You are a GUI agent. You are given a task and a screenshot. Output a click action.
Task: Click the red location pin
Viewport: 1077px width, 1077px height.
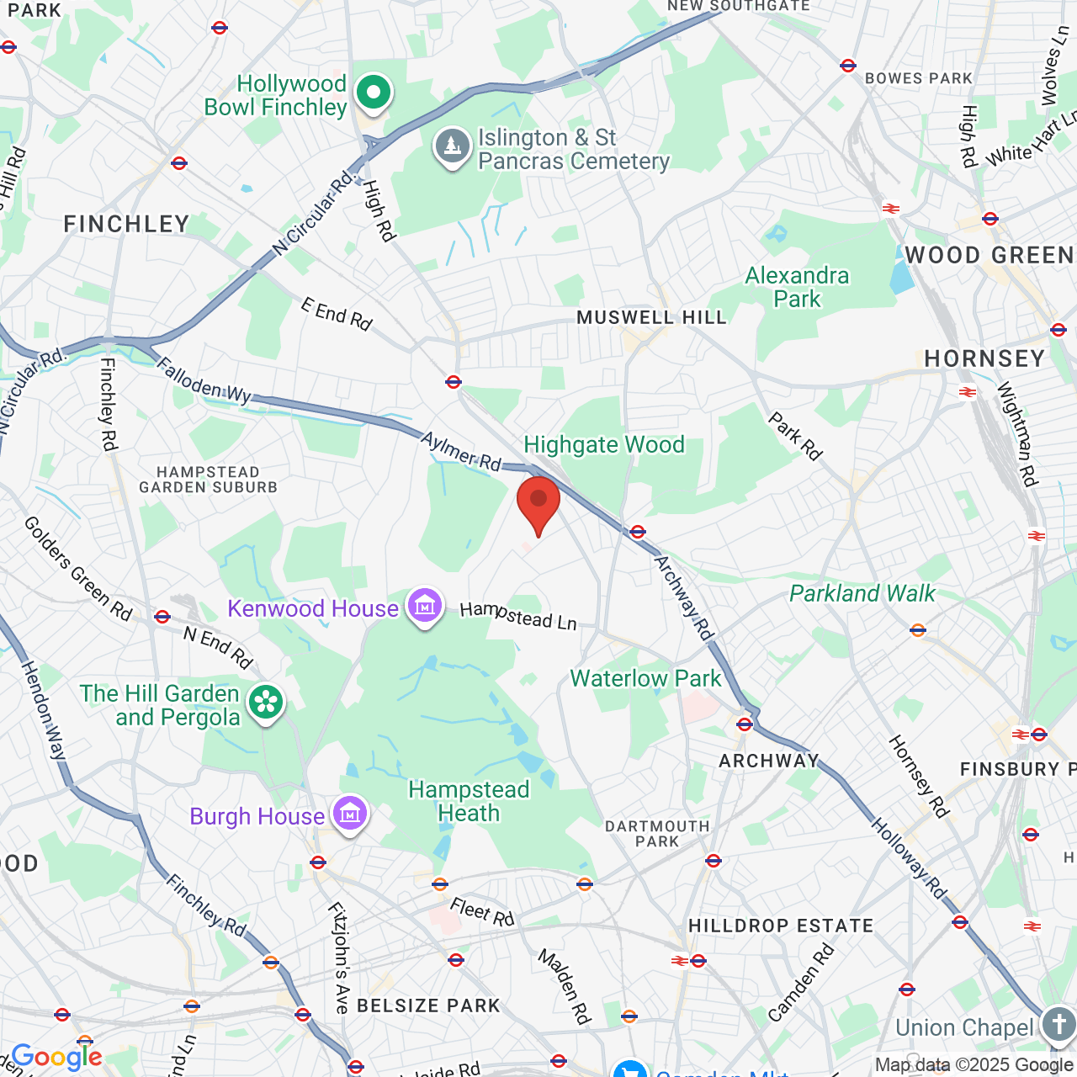click(538, 502)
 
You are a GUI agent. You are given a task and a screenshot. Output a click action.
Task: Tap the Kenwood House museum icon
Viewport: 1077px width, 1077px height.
click(425, 605)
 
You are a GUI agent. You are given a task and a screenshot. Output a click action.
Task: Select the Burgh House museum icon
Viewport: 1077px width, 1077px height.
click(350, 814)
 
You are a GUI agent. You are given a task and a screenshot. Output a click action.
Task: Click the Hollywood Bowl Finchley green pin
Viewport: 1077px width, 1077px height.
click(373, 92)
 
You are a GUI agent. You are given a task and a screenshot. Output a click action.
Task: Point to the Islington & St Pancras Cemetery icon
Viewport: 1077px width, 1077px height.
click(453, 146)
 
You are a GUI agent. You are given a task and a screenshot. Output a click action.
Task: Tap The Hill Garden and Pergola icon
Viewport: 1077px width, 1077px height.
click(266, 703)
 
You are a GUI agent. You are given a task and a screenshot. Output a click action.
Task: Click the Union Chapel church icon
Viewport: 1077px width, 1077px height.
click(1058, 1025)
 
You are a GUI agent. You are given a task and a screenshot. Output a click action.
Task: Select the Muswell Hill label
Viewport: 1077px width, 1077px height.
click(651, 317)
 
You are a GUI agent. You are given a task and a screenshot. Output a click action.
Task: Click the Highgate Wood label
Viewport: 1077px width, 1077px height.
click(604, 444)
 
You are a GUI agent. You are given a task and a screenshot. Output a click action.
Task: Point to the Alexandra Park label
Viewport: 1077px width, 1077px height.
click(797, 287)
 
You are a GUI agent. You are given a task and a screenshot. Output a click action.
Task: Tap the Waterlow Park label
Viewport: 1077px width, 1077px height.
click(645, 678)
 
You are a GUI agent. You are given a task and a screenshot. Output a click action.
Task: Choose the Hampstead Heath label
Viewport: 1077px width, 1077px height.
click(469, 801)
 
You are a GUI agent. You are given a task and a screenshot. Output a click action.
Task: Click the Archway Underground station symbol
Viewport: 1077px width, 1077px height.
click(745, 724)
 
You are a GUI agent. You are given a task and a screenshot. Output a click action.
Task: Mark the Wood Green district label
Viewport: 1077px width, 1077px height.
click(989, 256)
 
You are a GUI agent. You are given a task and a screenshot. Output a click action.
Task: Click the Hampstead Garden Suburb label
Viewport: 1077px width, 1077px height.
click(208, 480)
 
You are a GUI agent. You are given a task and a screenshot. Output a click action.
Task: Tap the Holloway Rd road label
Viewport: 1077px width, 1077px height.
click(909, 858)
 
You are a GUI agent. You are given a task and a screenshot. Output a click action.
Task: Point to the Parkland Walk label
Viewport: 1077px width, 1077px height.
click(862, 593)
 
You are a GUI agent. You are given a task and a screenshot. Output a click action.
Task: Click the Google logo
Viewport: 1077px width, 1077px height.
click(56, 1057)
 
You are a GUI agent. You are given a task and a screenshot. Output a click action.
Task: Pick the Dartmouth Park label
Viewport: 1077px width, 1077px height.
click(657, 834)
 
